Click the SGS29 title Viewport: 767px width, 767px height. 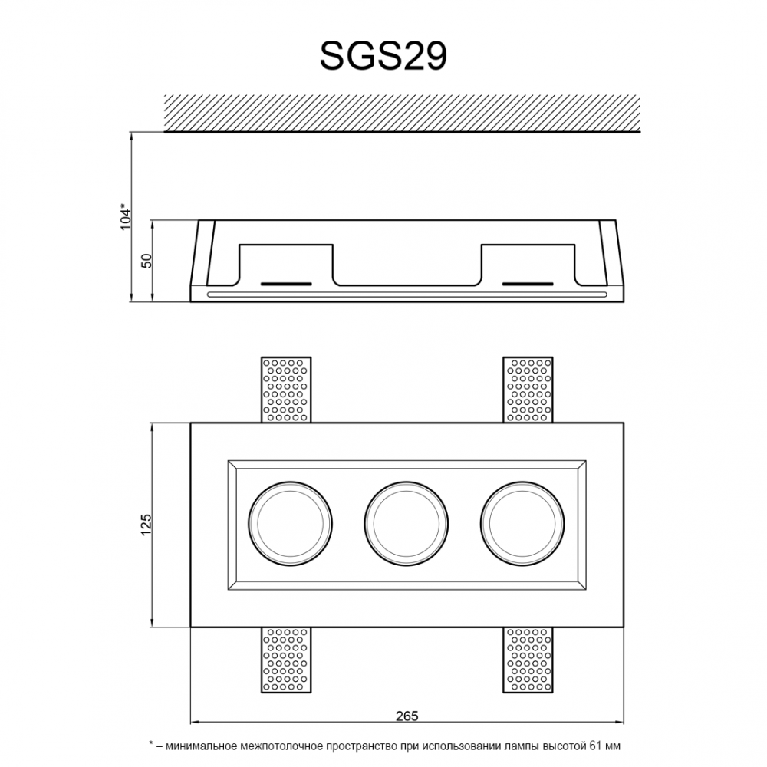click(383, 56)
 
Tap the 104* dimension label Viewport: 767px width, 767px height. click(127, 216)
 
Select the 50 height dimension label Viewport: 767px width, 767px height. click(146, 261)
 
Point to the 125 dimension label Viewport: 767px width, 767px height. click(146, 525)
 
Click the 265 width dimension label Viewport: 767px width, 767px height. click(407, 716)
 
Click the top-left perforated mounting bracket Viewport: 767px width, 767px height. click(286, 390)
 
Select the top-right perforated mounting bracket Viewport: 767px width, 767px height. click(528, 390)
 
